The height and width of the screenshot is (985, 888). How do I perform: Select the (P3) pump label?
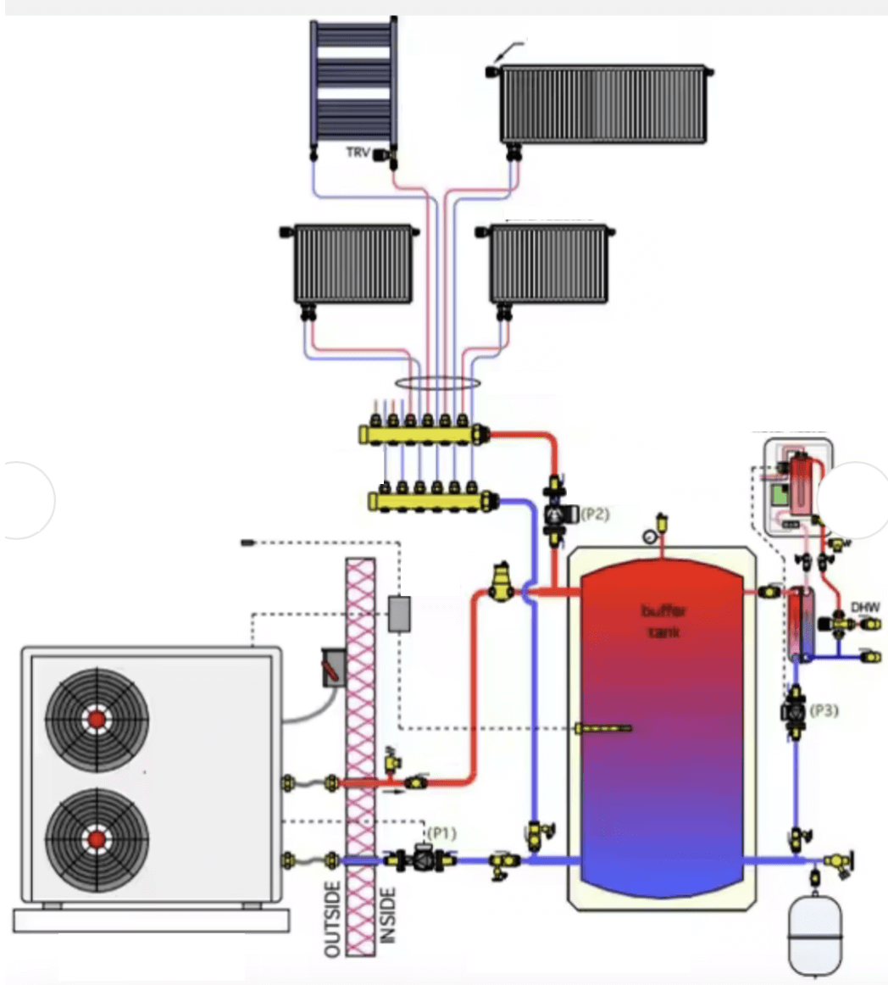tap(824, 710)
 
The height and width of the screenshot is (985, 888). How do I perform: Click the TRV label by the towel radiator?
tap(358, 153)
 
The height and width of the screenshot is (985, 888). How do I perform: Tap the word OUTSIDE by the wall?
tap(333, 919)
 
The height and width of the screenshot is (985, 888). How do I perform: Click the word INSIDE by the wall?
tap(388, 915)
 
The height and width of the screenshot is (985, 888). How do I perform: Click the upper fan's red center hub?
tap(97, 720)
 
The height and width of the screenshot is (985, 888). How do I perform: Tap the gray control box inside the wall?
tap(399, 614)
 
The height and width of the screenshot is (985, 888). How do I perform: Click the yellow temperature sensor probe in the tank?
tap(602, 728)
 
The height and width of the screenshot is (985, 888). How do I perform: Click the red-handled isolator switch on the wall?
tap(333, 665)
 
